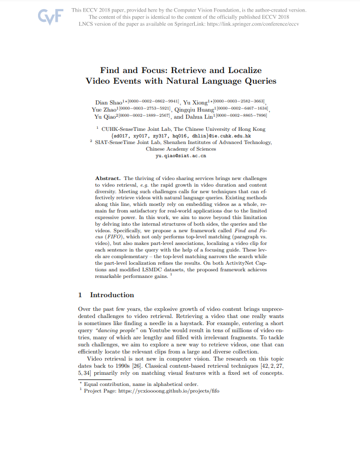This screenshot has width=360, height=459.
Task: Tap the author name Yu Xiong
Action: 193,103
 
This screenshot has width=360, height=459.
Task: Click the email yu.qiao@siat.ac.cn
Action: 181,156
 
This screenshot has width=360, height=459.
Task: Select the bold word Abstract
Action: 107,179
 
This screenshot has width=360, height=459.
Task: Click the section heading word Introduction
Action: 112,295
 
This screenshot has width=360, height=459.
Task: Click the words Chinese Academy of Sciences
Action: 181,149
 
